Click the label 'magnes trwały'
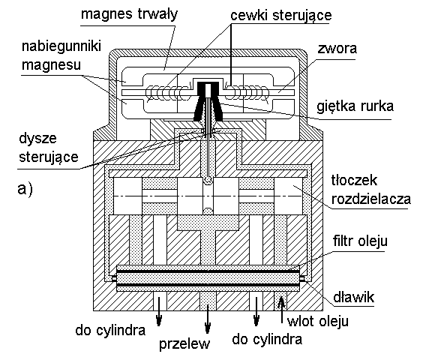(129, 13)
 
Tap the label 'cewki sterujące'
(281, 15)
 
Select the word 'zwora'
(337, 49)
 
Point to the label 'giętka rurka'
(355, 106)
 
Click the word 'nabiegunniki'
(61, 46)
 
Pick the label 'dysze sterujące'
(49, 148)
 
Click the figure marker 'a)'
(25, 189)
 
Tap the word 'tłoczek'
(354, 180)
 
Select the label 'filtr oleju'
(360, 241)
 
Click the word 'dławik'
(353, 296)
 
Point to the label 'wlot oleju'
(318, 321)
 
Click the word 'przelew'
(184, 343)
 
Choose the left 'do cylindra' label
(110, 330)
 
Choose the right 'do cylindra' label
(267, 339)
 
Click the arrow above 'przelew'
(208, 319)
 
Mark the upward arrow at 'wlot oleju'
(282, 310)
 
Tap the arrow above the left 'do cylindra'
(159, 311)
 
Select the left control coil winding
(167, 93)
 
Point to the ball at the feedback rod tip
(208, 180)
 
